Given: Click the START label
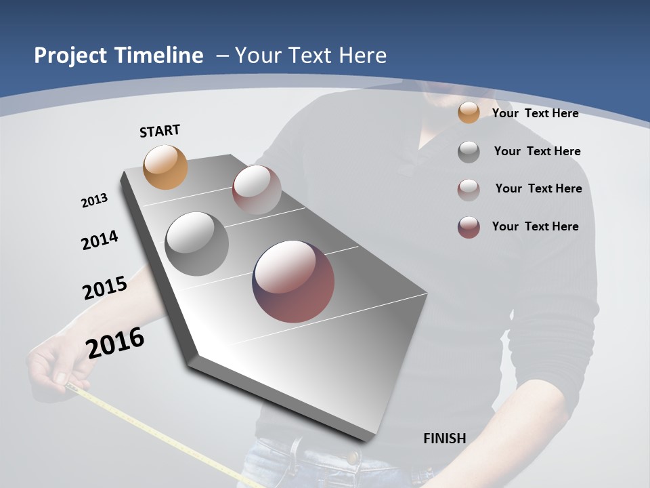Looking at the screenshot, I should tap(160, 131).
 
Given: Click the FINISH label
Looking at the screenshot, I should tap(444, 439).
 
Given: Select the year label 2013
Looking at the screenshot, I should tap(94, 201).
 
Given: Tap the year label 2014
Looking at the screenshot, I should tap(100, 240).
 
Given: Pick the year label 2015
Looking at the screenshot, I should tap(104, 288).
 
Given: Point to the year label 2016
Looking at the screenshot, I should tap(115, 343).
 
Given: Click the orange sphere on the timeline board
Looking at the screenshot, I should tap(165, 167).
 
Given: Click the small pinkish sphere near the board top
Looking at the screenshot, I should tap(257, 189).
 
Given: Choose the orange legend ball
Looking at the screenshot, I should tap(469, 113).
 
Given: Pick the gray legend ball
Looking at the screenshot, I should tap(469, 151).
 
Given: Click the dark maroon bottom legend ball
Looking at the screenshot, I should tap(469, 227).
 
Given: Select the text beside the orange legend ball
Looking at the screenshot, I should tap(535, 113).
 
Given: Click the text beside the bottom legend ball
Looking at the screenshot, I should tap(535, 226).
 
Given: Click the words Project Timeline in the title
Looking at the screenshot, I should tap(118, 56).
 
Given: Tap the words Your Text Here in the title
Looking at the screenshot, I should tap(310, 56).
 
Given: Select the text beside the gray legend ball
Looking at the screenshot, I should tap(537, 151).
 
